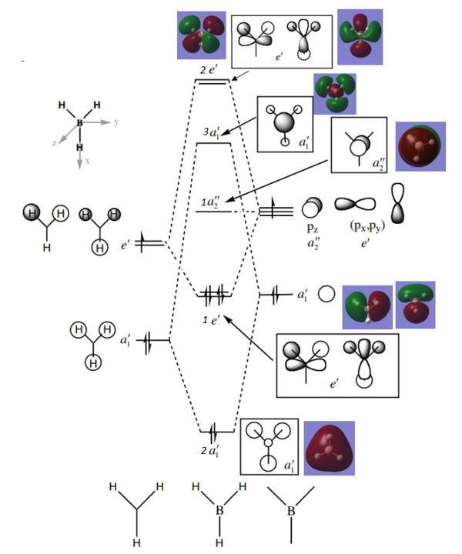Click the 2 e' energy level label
(209, 71)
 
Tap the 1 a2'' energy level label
(210, 202)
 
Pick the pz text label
(312, 229)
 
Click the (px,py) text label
(367, 229)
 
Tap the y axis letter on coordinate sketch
(116, 122)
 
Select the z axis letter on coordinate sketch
(54, 143)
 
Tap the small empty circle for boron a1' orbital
(326, 294)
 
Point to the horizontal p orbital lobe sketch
(355, 205)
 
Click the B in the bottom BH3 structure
(219, 509)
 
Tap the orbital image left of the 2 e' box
(201, 35)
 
